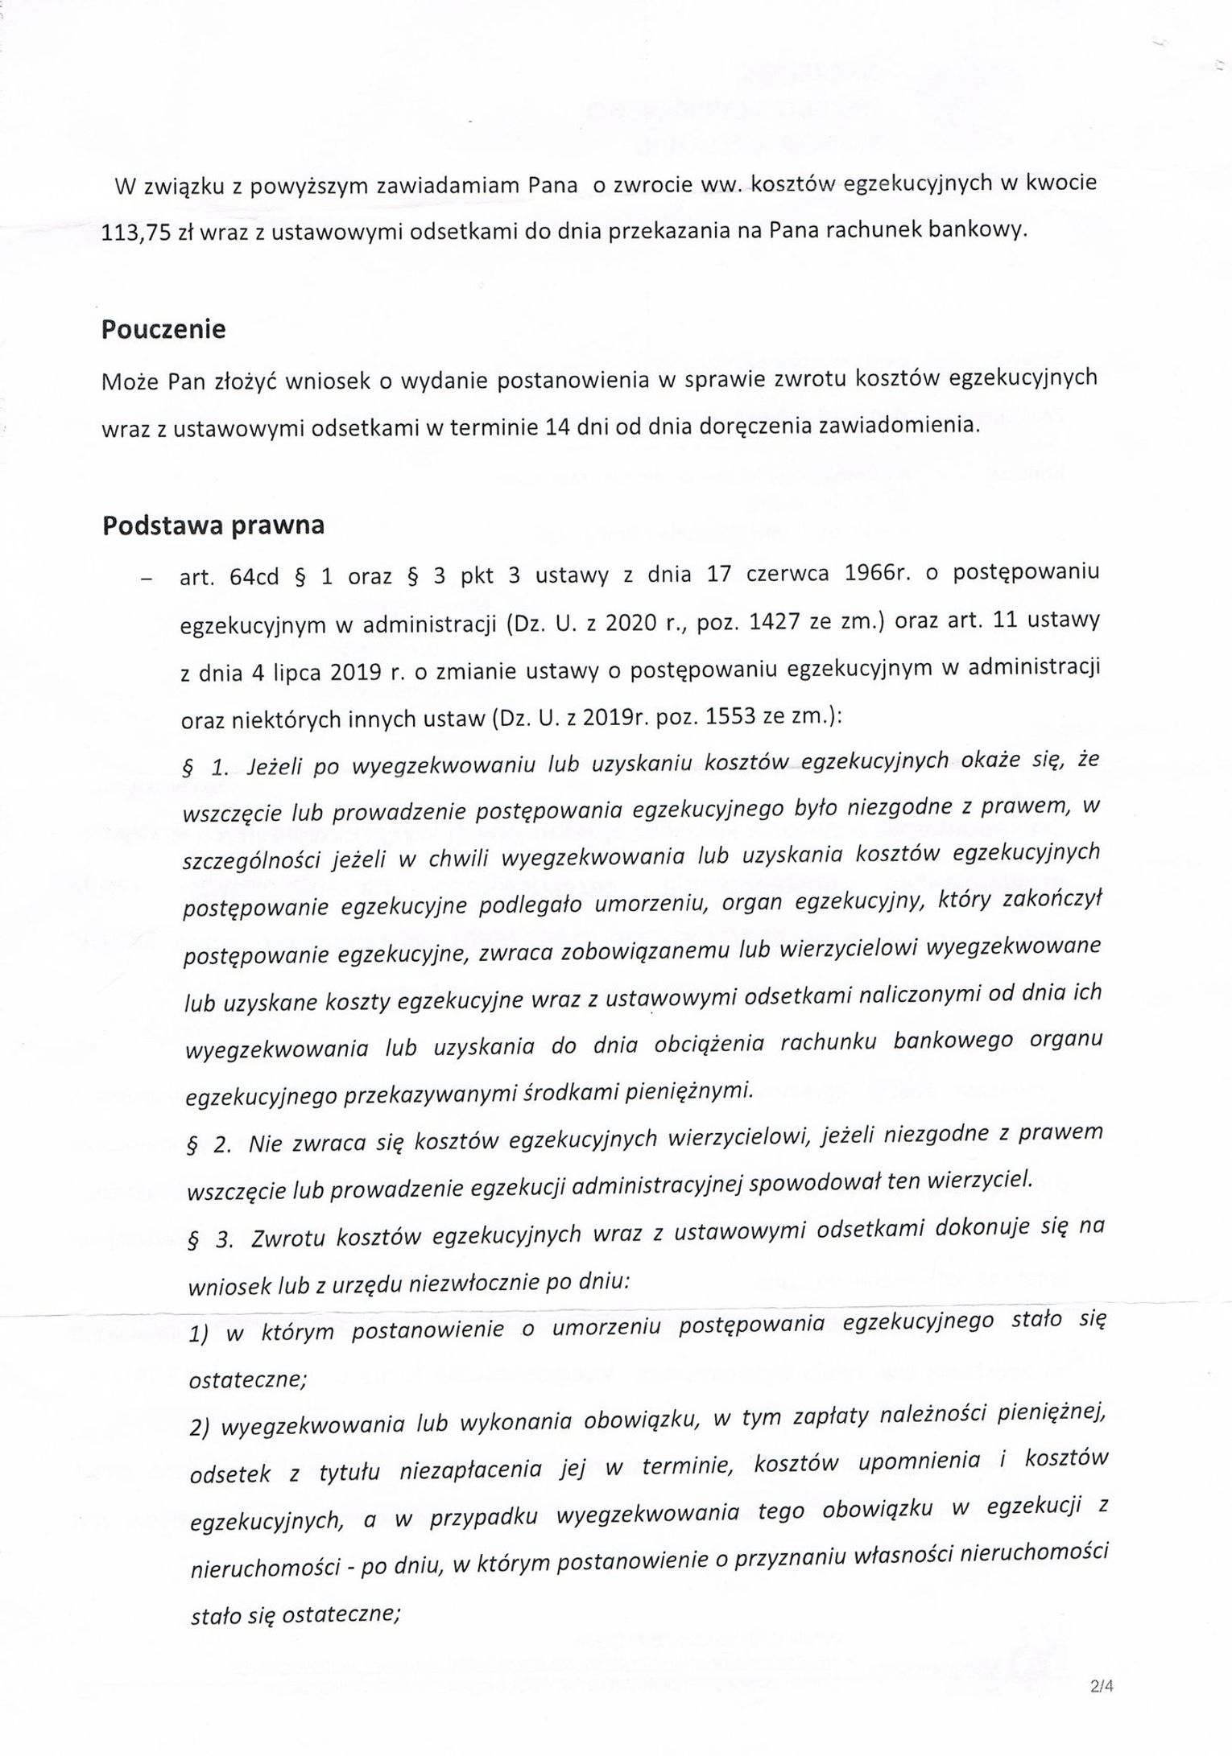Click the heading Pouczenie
[163, 331]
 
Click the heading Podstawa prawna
[213, 525]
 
